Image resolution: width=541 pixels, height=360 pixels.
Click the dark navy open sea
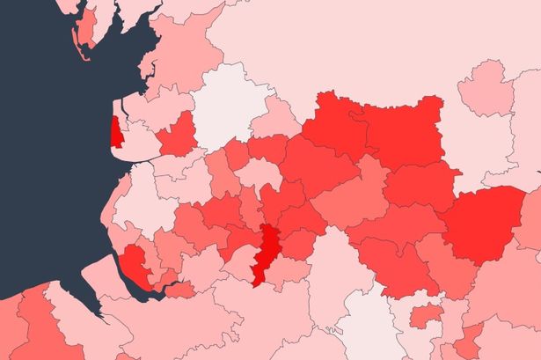pos(44,176)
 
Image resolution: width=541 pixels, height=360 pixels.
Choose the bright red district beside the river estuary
pos(135,263)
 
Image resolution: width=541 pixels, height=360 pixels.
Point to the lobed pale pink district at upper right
pos(486,92)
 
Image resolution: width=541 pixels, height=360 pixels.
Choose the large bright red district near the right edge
pos(485,224)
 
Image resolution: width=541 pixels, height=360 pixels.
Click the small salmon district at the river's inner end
pos(180,289)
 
